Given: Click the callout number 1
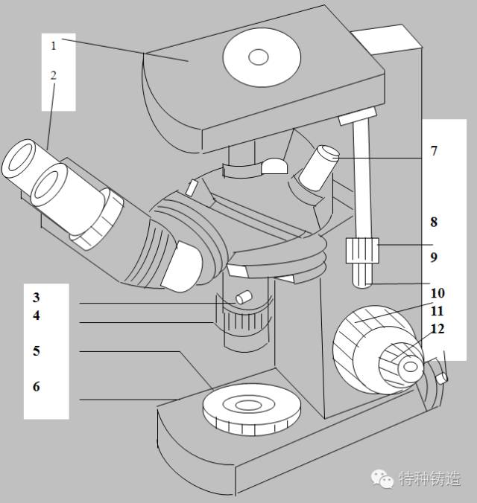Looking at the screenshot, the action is coord(54,46).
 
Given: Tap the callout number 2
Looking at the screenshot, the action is coord(54,75).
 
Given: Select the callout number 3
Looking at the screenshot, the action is coord(37,298).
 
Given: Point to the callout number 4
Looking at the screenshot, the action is coord(37,315).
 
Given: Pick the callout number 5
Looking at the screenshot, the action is coord(37,350).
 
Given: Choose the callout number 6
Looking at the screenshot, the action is coord(37,386).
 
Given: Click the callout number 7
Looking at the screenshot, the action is coord(434,150).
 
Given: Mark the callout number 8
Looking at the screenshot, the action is coord(434,222).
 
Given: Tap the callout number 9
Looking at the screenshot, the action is coord(434,257).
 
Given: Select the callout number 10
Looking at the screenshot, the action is coord(437,293).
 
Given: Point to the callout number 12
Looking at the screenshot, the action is coord(437,329).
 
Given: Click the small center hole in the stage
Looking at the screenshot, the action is coord(259,57).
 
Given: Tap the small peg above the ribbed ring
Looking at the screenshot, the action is coord(243,297).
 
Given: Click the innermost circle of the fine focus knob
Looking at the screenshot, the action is coord(411,367).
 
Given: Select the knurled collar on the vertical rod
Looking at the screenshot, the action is coord(362,250).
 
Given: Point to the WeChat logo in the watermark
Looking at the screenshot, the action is coord(382,478).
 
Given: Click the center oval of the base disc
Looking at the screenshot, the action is coord(248,405).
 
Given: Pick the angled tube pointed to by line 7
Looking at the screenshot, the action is coord(319,167).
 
